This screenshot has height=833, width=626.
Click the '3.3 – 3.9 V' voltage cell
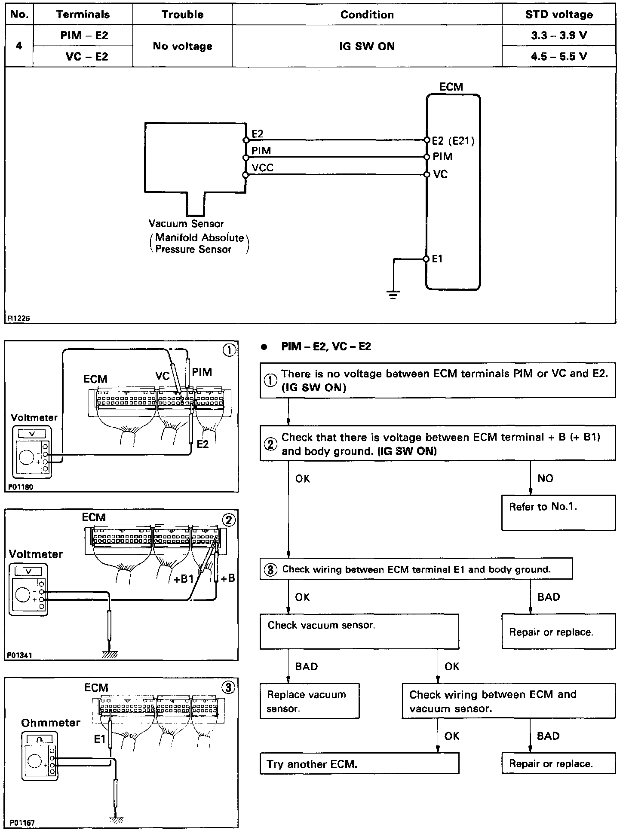(x=558, y=36)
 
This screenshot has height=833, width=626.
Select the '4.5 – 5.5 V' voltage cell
(x=558, y=57)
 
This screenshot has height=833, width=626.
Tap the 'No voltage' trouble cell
(x=182, y=46)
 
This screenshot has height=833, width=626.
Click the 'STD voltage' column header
(x=558, y=15)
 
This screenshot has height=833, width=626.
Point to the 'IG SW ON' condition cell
(x=367, y=46)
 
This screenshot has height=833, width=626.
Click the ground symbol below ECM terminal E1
(x=393, y=294)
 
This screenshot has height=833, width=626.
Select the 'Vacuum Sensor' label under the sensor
(x=186, y=224)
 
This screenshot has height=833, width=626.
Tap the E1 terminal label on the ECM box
(x=437, y=259)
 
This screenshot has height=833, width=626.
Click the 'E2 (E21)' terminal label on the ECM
(x=453, y=141)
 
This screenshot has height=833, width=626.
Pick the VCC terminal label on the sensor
(x=262, y=168)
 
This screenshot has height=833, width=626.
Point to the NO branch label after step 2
(x=545, y=478)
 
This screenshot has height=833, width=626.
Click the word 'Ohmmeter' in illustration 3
(x=51, y=723)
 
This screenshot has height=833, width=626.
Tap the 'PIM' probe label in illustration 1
(x=202, y=372)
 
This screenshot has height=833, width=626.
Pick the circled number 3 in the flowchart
(x=270, y=570)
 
